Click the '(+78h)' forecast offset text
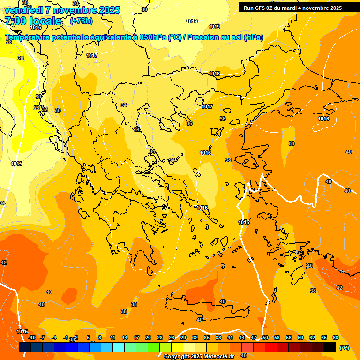coord(82,21)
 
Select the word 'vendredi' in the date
coord(23,10)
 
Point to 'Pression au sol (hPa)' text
coord(225,37)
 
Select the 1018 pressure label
coord(215,74)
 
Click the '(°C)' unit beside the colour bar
coord(345,348)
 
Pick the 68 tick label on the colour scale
coord(336,337)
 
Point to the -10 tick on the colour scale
coord(31,337)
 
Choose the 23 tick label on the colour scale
coord(160,337)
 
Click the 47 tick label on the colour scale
coord(254,337)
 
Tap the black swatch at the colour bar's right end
coord(330,347)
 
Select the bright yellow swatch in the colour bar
coord(177,347)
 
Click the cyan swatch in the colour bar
coord(119,347)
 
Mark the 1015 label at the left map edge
coord(16,164)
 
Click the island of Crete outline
coord(206,307)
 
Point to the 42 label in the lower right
coord(339,288)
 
